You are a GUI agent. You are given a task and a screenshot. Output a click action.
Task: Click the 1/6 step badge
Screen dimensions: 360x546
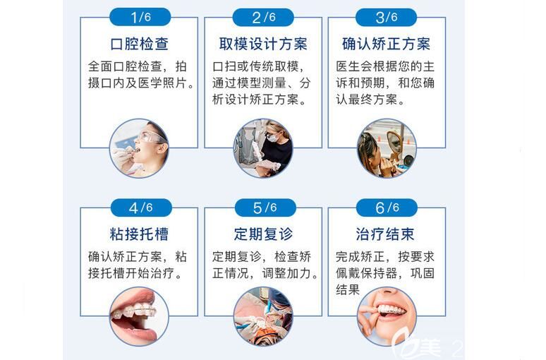click(x=140, y=17)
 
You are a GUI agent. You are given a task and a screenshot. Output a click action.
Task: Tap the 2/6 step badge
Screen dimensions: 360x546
click(x=264, y=17)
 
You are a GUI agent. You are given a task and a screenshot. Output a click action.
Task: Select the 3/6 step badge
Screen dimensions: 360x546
click(x=386, y=17)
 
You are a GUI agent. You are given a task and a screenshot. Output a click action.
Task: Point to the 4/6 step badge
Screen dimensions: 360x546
click(x=140, y=208)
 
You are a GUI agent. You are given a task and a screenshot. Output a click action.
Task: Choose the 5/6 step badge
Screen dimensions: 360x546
click(x=264, y=208)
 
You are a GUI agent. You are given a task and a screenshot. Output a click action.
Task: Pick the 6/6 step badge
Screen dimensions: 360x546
click(x=386, y=208)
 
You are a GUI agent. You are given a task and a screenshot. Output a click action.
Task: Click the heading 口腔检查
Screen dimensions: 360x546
click(x=140, y=44)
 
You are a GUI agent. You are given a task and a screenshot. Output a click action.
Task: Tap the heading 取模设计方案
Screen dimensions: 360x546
click(x=263, y=44)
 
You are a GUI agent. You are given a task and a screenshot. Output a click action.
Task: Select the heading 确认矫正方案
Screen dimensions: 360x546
click(x=386, y=44)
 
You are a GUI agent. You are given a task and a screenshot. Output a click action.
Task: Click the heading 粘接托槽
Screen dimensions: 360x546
click(x=140, y=234)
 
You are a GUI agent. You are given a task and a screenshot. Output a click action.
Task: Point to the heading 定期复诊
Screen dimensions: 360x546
click(x=263, y=234)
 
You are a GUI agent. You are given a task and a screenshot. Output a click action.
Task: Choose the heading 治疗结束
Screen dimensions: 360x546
click(x=386, y=234)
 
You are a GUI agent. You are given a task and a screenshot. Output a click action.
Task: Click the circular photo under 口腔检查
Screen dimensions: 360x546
click(x=140, y=148)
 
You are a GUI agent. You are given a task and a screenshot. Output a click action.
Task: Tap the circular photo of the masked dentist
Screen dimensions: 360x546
click(x=263, y=148)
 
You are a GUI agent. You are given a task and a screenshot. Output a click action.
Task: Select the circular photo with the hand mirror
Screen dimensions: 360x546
click(x=386, y=148)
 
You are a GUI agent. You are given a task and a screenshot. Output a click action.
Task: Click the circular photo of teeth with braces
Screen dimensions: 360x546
click(x=140, y=316)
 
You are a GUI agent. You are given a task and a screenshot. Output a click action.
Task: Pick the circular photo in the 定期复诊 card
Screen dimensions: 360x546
click(x=263, y=316)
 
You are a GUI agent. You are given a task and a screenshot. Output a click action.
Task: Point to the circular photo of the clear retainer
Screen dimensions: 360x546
click(x=386, y=316)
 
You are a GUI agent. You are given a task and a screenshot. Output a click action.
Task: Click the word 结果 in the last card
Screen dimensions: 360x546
click(x=348, y=289)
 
